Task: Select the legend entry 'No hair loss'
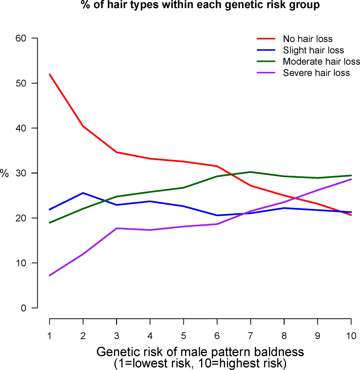307,39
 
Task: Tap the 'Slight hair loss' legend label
313,50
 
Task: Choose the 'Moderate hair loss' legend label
321,61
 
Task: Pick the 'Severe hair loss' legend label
316,73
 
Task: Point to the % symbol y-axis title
4,173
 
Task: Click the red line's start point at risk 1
49,74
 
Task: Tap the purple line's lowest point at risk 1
49,275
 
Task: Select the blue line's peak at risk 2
83,193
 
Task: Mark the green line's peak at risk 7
250,172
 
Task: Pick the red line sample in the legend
266,39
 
